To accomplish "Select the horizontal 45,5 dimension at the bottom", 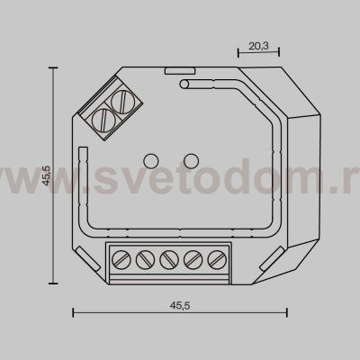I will pos(178,305).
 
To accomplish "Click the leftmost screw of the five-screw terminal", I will pos(121,262).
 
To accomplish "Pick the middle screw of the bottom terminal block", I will pos(168,262).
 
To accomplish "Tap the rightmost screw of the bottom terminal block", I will pos(215,262).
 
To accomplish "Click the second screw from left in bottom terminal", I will pos(145,262).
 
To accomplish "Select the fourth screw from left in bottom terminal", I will pos(192,262).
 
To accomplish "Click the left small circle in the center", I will pos(151,161).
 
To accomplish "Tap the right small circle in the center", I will pos(191,161).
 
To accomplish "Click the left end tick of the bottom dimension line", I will pos(72,312).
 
